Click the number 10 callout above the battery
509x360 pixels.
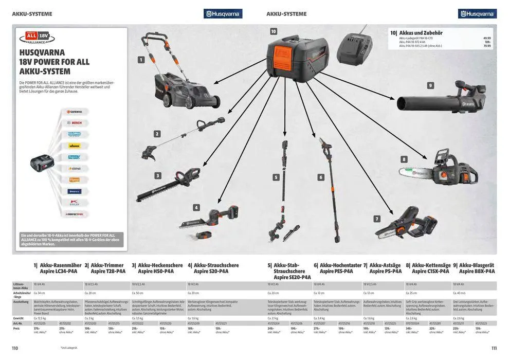[x=274, y=31]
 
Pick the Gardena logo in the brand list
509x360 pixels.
[x=75, y=112]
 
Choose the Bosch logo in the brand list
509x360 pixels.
[x=75, y=123]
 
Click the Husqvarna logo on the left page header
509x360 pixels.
[x=223, y=14]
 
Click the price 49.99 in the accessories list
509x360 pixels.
[x=487, y=38]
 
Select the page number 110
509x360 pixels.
[x=15, y=348]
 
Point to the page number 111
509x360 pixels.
[x=494, y=348]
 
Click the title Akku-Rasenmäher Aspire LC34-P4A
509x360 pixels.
[x=58, y=268]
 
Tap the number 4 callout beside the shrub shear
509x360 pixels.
[x=196, y=208]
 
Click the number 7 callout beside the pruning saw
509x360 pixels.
[x=377, y=219]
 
